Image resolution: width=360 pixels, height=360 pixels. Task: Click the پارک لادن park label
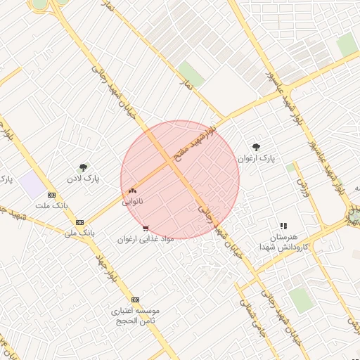pyautogui.click(x=84, y=179)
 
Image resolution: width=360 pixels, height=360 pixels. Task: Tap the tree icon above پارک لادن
pyautogui.click(x=84, y=167)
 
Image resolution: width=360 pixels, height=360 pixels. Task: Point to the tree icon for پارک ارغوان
pyautogui.click(x=255, y=148)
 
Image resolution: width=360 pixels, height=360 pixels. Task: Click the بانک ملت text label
pyautogui.click(x=51, y=206)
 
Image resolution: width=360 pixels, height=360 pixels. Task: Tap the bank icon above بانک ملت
pyautogui.click(x=51, y=195)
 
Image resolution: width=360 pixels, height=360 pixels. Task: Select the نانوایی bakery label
pyautogui.click(x=132, y=201)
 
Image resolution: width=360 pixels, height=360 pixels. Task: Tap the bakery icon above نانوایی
pyautogui.click(x=132, y=191)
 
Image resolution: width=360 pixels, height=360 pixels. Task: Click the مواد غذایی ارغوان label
pyautogui.click(x=145, y=239)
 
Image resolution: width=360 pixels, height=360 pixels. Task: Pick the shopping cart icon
pyautogui.click(x=146, y=229)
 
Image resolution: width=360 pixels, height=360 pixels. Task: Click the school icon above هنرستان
pyautogui.click(x=283, y=226)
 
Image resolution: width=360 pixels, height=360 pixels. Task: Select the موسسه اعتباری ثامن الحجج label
pyautogui.click(x=136, y=315)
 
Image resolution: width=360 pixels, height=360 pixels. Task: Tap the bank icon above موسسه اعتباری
pyautogui.click(x=136, y=300)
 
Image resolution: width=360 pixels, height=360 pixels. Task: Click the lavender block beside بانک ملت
pyautogui.click(x=31, y=186)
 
